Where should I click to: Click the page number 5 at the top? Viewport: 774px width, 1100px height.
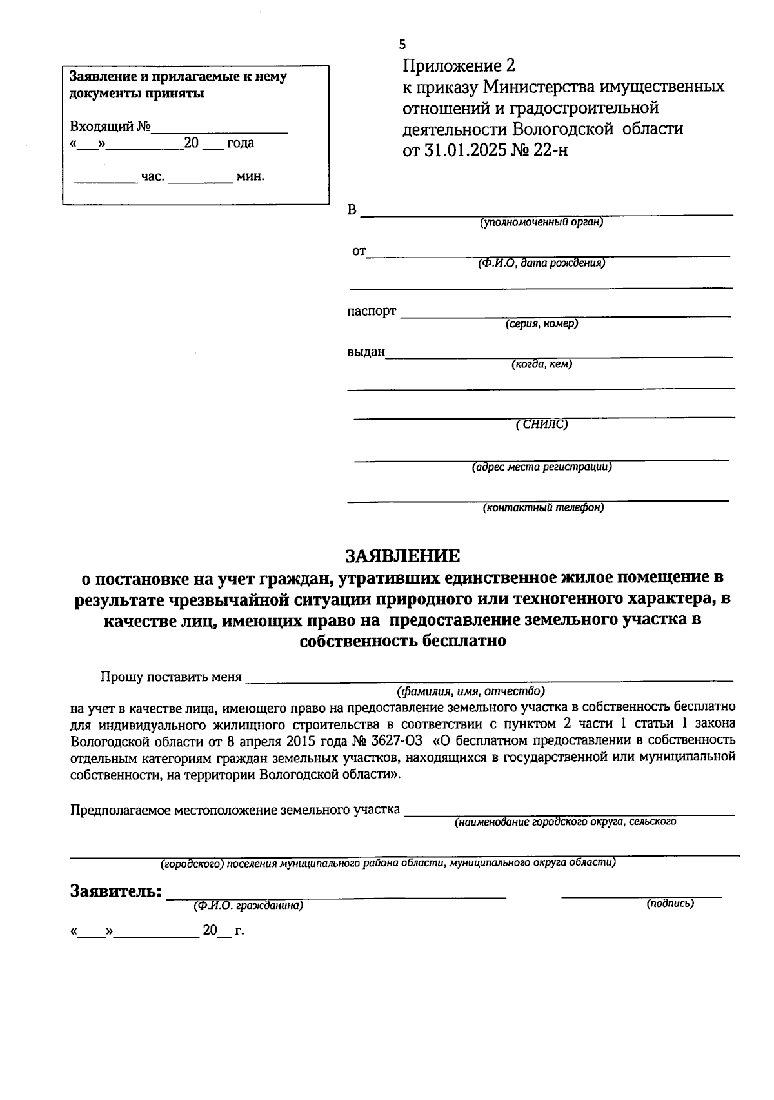pyautogui.click(x=402, y=45)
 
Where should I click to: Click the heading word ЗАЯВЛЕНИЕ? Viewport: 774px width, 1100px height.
pyautogui.click(x=402, y=556)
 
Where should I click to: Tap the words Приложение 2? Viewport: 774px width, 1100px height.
pyautogui.click(x=459, y=66)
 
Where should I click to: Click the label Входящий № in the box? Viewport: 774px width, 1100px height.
pyautogui.click(x=110, y=127)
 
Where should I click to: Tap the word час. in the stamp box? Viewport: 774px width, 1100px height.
pyautogui.click(x=153, y=176)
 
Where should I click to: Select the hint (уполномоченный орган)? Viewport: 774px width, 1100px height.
pyautogui.click(x=541, y=222)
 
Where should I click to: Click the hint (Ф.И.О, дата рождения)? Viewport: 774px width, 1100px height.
pyautogui.click(x=541, y=263)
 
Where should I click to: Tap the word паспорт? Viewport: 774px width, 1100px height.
pyautogui.click(x=372, y=311)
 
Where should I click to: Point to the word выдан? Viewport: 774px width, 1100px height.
pyautogui.click(x=366, y=352)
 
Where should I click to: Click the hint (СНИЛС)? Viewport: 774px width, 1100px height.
pyautogui.click(x=542, y=424)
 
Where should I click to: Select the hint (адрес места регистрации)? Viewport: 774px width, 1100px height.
pyautogui.click(x=542, y=466)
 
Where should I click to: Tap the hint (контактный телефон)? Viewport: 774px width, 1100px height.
pyautogui.click(x=543, y=507)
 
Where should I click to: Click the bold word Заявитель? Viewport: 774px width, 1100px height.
pyautogui.click(x=115, y=891)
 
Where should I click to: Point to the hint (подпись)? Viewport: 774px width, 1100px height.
pyautogui.click(x=670, y=904)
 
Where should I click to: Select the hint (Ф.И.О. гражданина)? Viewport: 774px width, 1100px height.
pyautogui.click(x=248, y=906)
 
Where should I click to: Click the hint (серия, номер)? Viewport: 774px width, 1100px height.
pyautogui.click(x=542, y=323)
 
